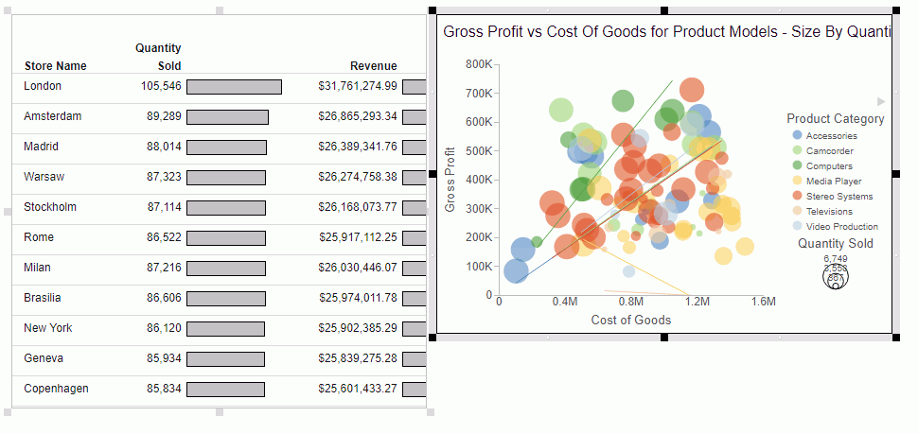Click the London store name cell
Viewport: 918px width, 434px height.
(x=43, y=86)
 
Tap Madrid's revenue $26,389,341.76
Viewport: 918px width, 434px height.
(x=358, y=147)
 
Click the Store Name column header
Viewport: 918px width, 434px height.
(x=55, y=66)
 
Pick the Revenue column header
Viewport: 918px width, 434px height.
(x=373, y=66)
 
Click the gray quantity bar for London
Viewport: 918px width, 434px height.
(x=234, y=87)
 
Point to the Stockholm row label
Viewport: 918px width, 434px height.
(x=50, y=207)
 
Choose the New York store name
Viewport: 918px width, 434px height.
(x=48, y=328)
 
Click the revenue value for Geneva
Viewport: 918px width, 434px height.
(x=358, y=358)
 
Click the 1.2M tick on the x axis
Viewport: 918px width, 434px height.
(x=697, y=302)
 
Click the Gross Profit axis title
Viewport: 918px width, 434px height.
(x=450, y=179)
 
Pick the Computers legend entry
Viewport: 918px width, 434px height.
(x=829, y=165)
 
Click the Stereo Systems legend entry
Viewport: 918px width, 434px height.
(x=839, y=196)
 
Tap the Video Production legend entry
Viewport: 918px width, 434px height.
(x=841, y=226)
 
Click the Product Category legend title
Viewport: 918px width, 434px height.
(x=835, y=119)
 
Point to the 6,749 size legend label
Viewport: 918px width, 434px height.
(x=836, y=258)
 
